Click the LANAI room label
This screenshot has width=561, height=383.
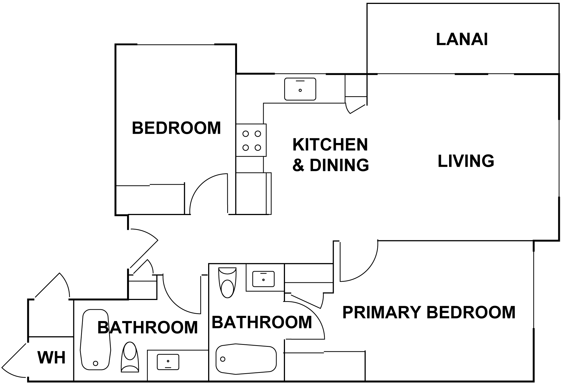click(462, 39)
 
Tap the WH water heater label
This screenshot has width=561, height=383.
click(52, 357)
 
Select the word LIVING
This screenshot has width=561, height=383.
click(466, 161)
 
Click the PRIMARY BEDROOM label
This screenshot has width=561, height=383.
click(429, 312)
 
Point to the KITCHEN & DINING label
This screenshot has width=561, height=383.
click(330, 155)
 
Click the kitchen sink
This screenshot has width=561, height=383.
click(300, 89)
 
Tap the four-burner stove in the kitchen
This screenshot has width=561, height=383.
click(251, 140)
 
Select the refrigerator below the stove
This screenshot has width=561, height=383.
click(254, 193)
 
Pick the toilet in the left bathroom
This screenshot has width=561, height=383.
click(130, 357)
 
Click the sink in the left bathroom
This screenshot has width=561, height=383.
click(168, 362)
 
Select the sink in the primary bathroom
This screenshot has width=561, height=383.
click(263, 279)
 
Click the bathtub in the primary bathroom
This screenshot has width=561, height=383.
click(246, 359)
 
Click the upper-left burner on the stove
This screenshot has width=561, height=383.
click(246, 134)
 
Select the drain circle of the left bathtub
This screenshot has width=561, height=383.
click(95, 363)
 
